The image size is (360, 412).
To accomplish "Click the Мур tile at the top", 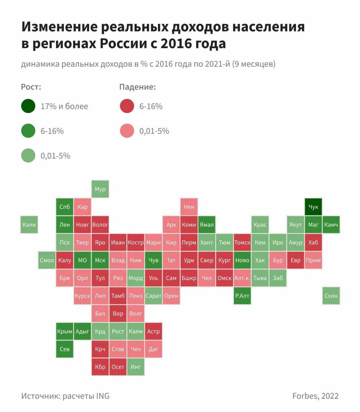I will click(100, 189).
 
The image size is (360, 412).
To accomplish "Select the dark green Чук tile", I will click(313, 207).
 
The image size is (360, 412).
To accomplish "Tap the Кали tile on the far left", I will click(29, 225).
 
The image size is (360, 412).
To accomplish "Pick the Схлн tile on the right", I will click(331, 295).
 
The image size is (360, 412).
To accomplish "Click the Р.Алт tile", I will click(242, 295).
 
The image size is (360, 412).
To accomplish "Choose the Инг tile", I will click(135, 367).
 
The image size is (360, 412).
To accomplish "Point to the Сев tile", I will click(65, 349).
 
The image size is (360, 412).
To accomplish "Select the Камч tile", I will click(331, 225).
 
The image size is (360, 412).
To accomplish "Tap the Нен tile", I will click(189, 207).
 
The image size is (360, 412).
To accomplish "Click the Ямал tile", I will click(207, 225).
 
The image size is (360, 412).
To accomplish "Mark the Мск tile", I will click(100, 260).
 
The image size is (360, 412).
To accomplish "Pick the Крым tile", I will click(65, 331).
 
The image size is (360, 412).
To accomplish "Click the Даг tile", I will click(153, 349).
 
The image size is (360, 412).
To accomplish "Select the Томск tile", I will click(242, 242).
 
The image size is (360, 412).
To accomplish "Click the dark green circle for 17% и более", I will click(28, 106).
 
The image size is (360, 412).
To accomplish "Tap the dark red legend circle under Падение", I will click(127, 106).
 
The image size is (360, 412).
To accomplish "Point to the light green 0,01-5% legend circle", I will click(28, 156).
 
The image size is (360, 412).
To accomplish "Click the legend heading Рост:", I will click(31, 87).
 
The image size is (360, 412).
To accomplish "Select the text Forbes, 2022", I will click(315, 396).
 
